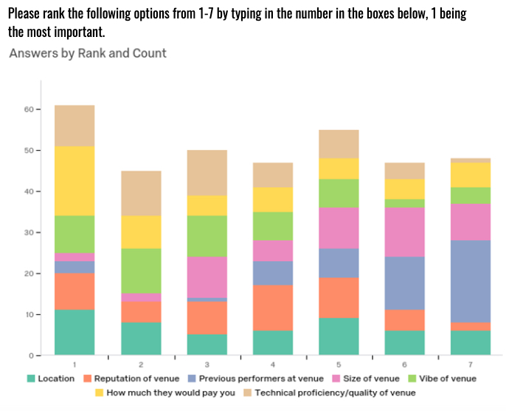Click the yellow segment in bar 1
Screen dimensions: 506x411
coord(74,181)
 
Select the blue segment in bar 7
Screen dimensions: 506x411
coord(471,282)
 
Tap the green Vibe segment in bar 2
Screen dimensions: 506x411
coord(141,271)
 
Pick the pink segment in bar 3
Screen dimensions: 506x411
coord(207,277)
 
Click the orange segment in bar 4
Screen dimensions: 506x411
coord(273,308)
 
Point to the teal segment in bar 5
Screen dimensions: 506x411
coord(339,336)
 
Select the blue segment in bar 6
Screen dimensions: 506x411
coord(405,283)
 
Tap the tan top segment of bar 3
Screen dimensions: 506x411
coord(207,173)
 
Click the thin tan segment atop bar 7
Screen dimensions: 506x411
coord(471,160)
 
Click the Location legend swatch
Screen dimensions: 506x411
coord(31,378)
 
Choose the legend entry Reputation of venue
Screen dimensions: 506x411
coord(131,378)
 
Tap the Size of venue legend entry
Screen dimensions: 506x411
coord(366,378)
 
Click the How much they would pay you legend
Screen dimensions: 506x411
coord(165,393)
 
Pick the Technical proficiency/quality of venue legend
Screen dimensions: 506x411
coord(330,393)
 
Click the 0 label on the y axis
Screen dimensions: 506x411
coord(31,356)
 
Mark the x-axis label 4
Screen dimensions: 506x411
coord(273,364)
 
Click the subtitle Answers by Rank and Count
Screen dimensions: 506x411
coord(88,53)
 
